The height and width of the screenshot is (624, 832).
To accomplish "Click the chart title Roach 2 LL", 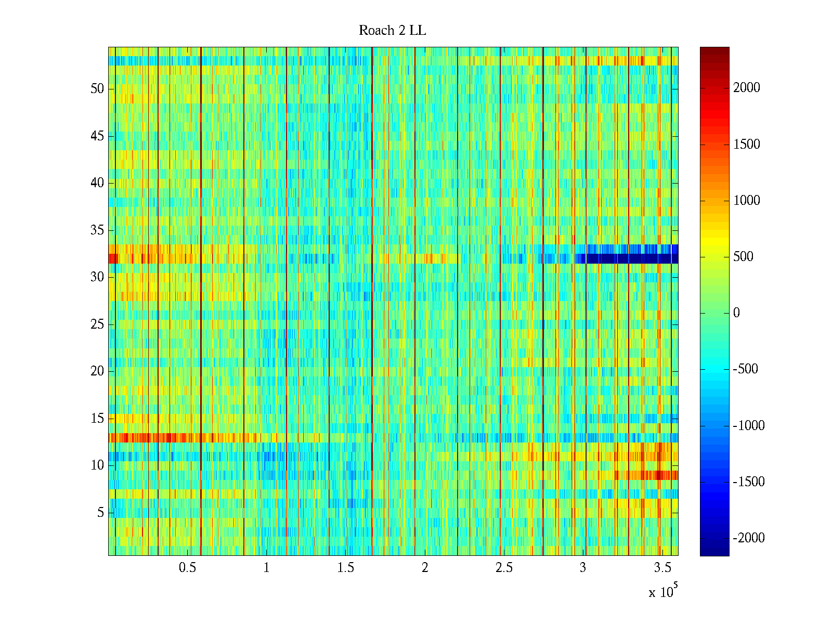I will coord(392,31).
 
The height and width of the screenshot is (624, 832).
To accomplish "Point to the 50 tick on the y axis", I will coord(97,89).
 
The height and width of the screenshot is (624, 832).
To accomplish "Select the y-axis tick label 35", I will coord(97,230).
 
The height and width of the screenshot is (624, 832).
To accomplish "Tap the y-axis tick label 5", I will coord(100,513).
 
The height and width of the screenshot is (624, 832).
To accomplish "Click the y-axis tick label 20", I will coord(97,371).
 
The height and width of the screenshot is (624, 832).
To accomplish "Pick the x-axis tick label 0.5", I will coord(187,568).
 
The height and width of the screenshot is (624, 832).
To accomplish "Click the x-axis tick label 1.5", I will coord(345,568).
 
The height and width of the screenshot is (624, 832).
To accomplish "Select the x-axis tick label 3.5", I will coord(662,568).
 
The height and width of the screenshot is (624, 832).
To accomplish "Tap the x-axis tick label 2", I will coord(425,568).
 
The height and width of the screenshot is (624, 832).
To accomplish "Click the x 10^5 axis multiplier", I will coord(662,592).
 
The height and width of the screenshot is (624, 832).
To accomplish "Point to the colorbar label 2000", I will coord(747,88).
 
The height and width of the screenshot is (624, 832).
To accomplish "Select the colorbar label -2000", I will coord(749,538).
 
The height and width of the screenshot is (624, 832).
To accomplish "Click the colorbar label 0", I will coord(736,313).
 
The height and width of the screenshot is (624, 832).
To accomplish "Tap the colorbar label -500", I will coord(746,369).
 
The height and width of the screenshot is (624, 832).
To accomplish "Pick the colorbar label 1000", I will coord(747,201).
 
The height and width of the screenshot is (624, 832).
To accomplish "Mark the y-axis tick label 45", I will coord(97,136).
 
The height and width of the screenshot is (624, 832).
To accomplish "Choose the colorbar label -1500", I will coord(749,482).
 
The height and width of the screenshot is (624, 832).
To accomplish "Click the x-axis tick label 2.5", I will coord(504,568).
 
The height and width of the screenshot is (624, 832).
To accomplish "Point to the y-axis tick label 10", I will coord(97,465).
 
